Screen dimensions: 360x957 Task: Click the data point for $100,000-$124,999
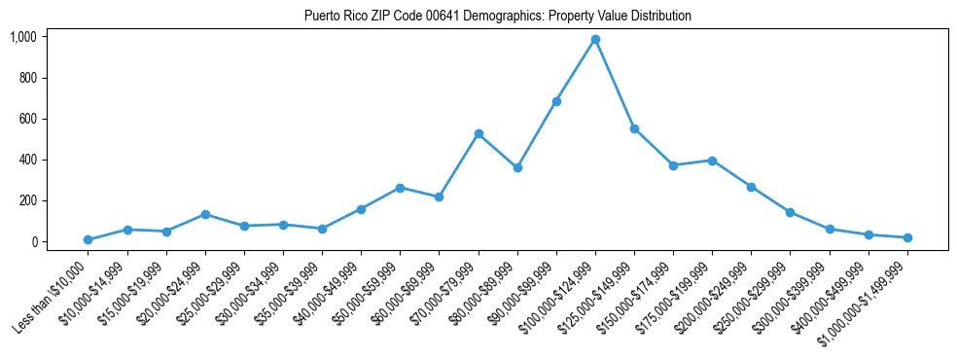[x=595, y=40]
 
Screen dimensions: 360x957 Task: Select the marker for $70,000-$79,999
[x=478, y=133]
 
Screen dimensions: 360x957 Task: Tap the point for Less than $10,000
[x=89, y=239]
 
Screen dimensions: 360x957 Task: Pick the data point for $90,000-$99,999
[x=556, y=101]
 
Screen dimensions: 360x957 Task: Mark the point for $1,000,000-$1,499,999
[x=907, y=237]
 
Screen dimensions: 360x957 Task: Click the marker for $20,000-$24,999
[x=205, y=214]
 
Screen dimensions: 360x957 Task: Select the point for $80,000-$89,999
[x=517, y=167]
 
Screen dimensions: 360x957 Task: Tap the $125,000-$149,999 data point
[x=634, y=128]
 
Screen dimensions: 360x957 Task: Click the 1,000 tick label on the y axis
[x=22, y=37]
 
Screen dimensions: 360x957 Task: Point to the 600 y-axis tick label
[x=27, y=119]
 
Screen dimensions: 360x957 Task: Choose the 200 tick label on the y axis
[x=27, y=200]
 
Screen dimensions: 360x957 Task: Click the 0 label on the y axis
[x=33, y=241]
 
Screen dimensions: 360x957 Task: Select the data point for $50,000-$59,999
[x=401, y=188]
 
